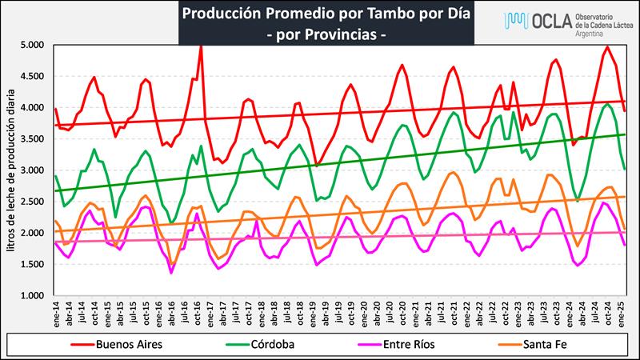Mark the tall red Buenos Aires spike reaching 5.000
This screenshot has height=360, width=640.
point(200,48)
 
